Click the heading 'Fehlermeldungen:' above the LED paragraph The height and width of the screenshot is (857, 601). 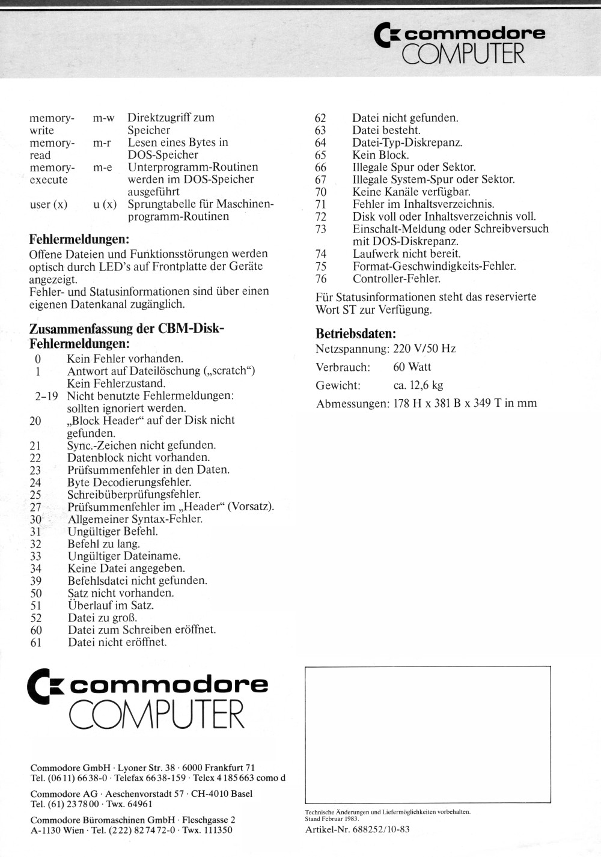point(79,239)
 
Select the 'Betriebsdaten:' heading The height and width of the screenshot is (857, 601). point(356,334)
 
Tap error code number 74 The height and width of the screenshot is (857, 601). point(320,254)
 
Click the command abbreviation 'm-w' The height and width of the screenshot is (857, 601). point(103,118)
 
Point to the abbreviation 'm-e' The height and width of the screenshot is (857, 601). point(103,167)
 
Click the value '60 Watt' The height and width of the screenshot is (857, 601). point(412,367)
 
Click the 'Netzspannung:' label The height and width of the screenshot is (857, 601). point(352,349)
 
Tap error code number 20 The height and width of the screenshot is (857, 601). point(35,421)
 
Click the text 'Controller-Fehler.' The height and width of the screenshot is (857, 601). point(397,278)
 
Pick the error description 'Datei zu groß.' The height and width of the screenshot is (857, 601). point(102,617)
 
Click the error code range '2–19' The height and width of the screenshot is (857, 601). point(46,396)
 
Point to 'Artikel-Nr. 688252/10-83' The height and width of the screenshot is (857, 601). point(358,829)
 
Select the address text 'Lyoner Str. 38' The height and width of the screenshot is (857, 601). point(147,767)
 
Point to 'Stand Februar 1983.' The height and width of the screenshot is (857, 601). point(332,819)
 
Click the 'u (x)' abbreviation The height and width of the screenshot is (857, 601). point(105,204)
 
